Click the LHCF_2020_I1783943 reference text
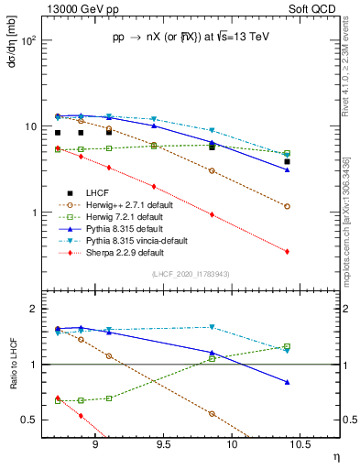click(x=191, y=274)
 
